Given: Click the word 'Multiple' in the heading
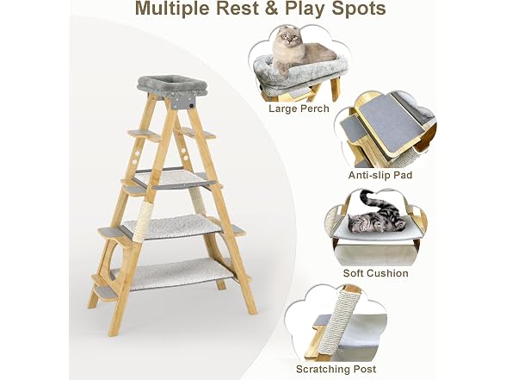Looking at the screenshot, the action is point(173,9).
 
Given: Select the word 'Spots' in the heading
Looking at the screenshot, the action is point(359,9).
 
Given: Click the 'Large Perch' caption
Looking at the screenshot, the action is point(299,109).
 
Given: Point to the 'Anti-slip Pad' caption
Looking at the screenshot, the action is point(380,175).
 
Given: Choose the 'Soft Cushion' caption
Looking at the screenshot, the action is point(375,273).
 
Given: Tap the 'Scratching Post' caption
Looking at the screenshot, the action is point(336,369).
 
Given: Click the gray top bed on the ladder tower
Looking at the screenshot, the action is point(172,86).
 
